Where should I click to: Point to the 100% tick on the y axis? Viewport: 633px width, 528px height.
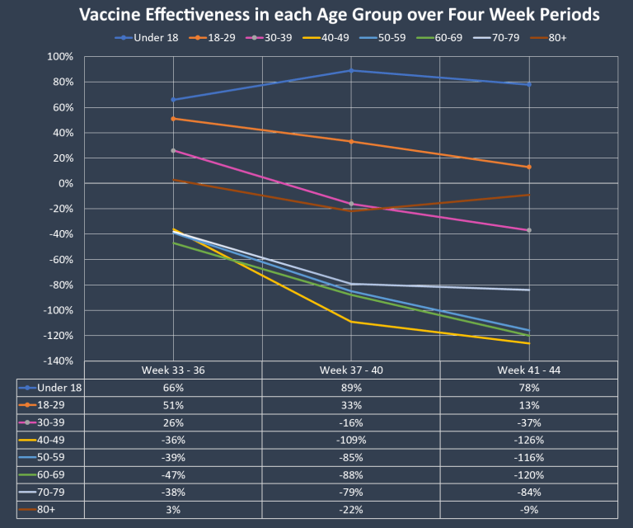(x=60, y=57)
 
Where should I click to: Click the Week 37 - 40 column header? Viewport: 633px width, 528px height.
(x=351, y=370)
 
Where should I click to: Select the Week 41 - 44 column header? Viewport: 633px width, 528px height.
(x=528, y=370)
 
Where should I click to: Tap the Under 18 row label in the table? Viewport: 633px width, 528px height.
(x=60, y=387)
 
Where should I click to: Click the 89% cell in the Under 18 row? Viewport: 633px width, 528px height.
(x=351, y=387)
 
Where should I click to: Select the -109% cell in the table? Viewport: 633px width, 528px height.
(x=351, y=440)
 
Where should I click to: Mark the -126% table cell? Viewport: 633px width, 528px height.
(x=528, y=440)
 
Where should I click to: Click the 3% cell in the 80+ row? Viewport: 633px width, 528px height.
(x=174, y=510)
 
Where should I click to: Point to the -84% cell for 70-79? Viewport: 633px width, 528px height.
(x=528, y=493)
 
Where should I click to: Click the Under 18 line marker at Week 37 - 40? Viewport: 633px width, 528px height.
(x=351, y=70)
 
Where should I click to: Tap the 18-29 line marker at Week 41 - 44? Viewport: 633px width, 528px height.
(x=528, y=167)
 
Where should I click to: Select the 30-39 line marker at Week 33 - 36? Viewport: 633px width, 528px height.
(x=174, y=150)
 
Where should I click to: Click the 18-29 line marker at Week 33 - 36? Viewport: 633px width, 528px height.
(x=174, y=119)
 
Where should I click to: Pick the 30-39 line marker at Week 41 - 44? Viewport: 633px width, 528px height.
(x=528, y=230)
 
